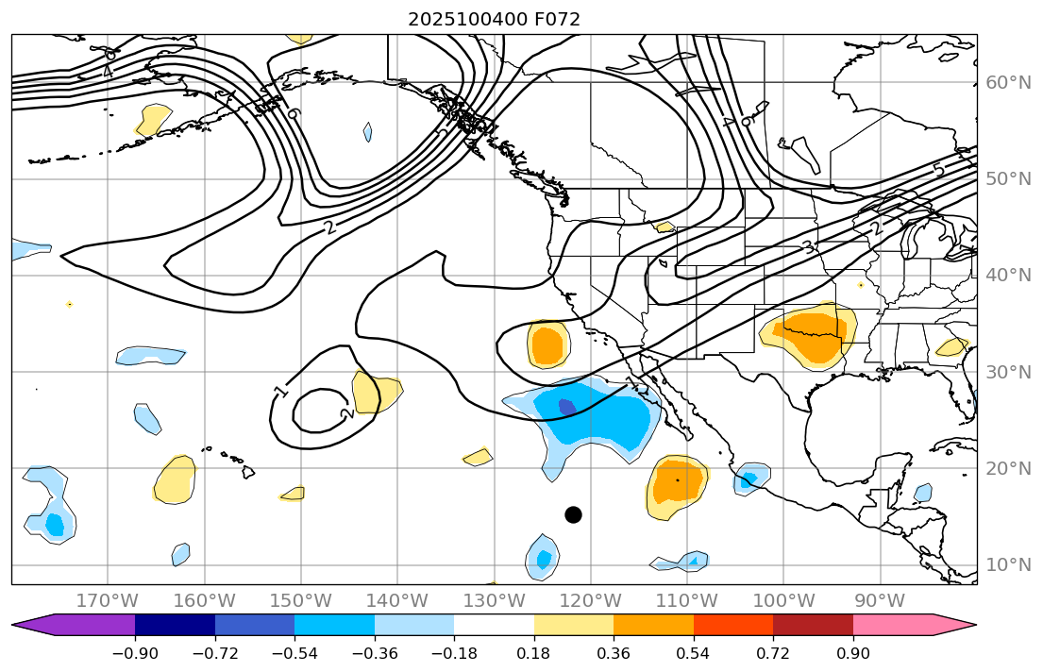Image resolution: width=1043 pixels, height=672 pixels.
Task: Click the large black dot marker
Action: pyautogui.click(x=573, y=514)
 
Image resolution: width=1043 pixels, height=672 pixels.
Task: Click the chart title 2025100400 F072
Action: pyautogui.click(x=494, y=19)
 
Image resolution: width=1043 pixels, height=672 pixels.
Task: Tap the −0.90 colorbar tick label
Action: pyautogui.click(x=135, y=654)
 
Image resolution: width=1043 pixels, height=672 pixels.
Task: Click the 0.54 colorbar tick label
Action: pyautogui.click(x=693, y=654)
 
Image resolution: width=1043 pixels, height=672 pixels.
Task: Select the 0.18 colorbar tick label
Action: pyautogui.click(x=534, y=654)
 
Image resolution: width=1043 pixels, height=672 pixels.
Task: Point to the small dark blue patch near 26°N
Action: pyautogui.click(x=566, y=407)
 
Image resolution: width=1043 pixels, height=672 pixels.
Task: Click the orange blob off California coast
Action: pyautogui.click(x=547, y=345)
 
